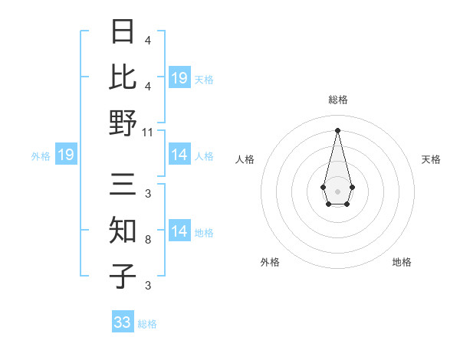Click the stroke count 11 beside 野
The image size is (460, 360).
pos(148,132)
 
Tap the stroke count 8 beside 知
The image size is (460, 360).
pos(147,241)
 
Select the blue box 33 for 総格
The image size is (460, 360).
pos(123,322)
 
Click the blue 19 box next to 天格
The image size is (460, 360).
pos(179,78)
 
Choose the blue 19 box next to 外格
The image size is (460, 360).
pos(65,155)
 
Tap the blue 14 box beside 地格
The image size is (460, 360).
pos(179,232)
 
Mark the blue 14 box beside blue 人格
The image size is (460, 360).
pos(179,155)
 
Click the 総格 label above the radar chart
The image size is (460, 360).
pos(338,100)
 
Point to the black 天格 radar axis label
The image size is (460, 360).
pos(431,159)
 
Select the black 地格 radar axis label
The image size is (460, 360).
pos(402,262)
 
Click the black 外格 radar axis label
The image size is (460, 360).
pos(270,262)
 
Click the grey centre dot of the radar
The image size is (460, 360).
pos(338,190)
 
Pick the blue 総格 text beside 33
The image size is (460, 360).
pos(147,324)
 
